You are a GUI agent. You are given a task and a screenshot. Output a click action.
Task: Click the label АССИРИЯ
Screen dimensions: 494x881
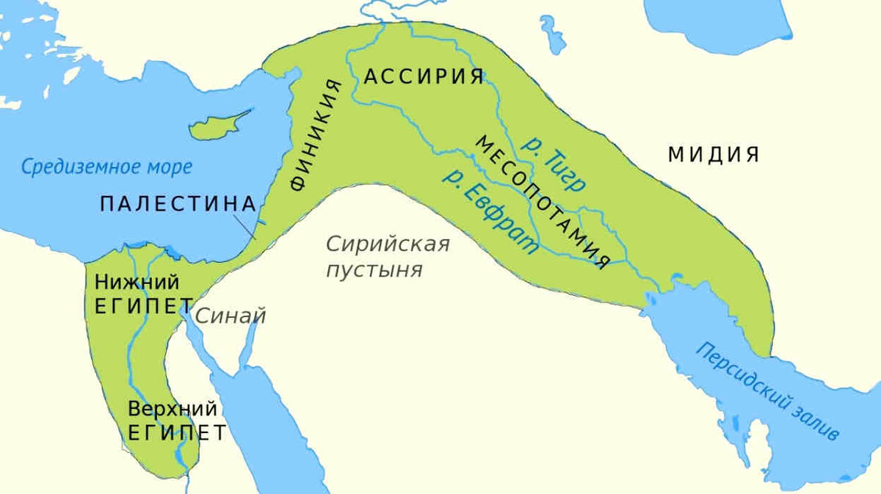point(424,76)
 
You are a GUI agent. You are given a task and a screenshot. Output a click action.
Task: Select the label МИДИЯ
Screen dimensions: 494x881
point(713,155)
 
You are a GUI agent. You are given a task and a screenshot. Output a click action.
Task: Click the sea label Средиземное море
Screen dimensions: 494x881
point(106,167)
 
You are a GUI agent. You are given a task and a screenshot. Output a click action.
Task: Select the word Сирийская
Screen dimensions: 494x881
point(387,244)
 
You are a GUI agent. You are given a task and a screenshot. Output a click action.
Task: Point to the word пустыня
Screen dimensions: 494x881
point(374,269)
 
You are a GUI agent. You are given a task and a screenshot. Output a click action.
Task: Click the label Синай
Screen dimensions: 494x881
point(230,316)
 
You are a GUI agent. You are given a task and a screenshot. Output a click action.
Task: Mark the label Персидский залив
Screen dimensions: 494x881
point(767,391)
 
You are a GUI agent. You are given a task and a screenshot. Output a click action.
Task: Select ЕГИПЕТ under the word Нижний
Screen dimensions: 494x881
point(144,306)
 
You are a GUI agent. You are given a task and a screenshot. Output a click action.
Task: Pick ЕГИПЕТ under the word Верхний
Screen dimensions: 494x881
point(177,432)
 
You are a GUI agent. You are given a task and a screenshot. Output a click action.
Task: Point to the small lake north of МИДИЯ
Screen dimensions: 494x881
point(552,34)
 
